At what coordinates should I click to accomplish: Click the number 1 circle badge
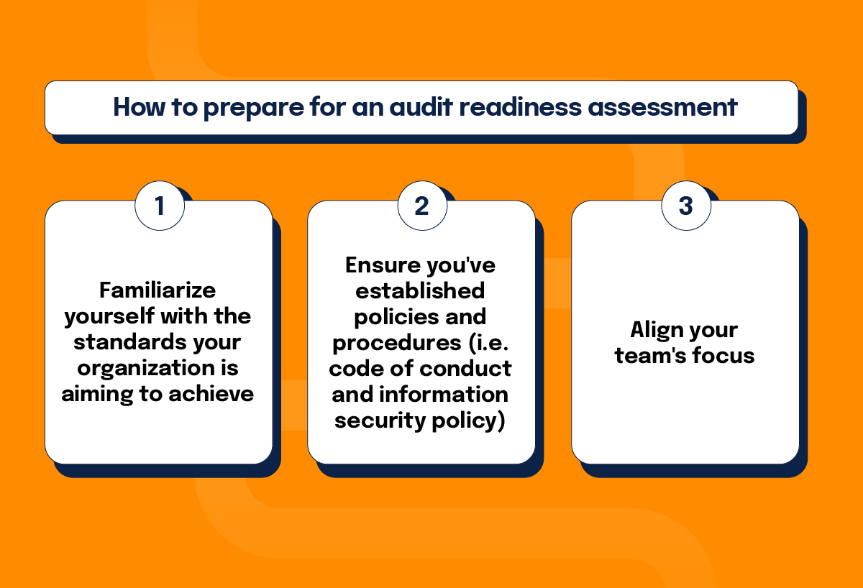tap(160, 206)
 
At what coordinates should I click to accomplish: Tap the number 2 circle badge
tap(422, 206)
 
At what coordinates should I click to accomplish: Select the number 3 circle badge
tap(685, 206)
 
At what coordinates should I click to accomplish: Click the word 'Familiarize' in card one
tap(157, 290)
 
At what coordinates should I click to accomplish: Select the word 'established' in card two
tap(421, 290)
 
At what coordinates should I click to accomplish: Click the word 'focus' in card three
tap(721, 355)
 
